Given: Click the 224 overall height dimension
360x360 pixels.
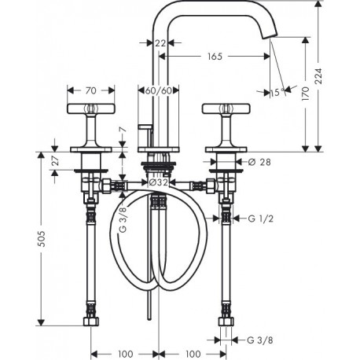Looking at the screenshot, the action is click(x=318, y=76).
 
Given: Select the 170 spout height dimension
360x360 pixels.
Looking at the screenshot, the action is click(x=305, y=94).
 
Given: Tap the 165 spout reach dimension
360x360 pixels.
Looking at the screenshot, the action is click(x=215, y=56).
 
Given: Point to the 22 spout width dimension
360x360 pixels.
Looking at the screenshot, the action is click(x=160, y=43).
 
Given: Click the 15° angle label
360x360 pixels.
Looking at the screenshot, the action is click(x=277, y=92).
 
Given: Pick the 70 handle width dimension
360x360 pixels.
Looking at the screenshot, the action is click(x=90, y=90).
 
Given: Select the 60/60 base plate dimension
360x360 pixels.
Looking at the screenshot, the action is click(x=159, y=90).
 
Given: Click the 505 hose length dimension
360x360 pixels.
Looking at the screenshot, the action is click(x=41, y=239).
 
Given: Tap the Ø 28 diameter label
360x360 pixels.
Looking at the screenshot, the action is click(x=259, y=162).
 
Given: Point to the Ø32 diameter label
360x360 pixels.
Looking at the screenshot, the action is click(x=158, y=182).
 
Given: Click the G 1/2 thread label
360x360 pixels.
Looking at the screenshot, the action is click(x=261, y=219).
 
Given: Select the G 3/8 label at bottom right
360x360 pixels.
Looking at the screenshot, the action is click(x=260, y=340).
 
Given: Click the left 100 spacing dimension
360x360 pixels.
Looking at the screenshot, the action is click(x=125, y=354).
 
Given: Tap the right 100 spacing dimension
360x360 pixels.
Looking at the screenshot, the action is click(x=193, y=354).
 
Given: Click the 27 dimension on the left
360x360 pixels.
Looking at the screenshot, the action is click(x=55, y=160).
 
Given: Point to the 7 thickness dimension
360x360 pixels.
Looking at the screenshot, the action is click(x=123, y=130).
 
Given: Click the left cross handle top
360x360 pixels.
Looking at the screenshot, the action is click(x=91, y=108).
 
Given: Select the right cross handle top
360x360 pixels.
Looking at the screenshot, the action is click(x=226, y=108).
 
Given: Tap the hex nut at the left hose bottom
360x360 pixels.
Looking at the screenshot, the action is click(x=91, y=321).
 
